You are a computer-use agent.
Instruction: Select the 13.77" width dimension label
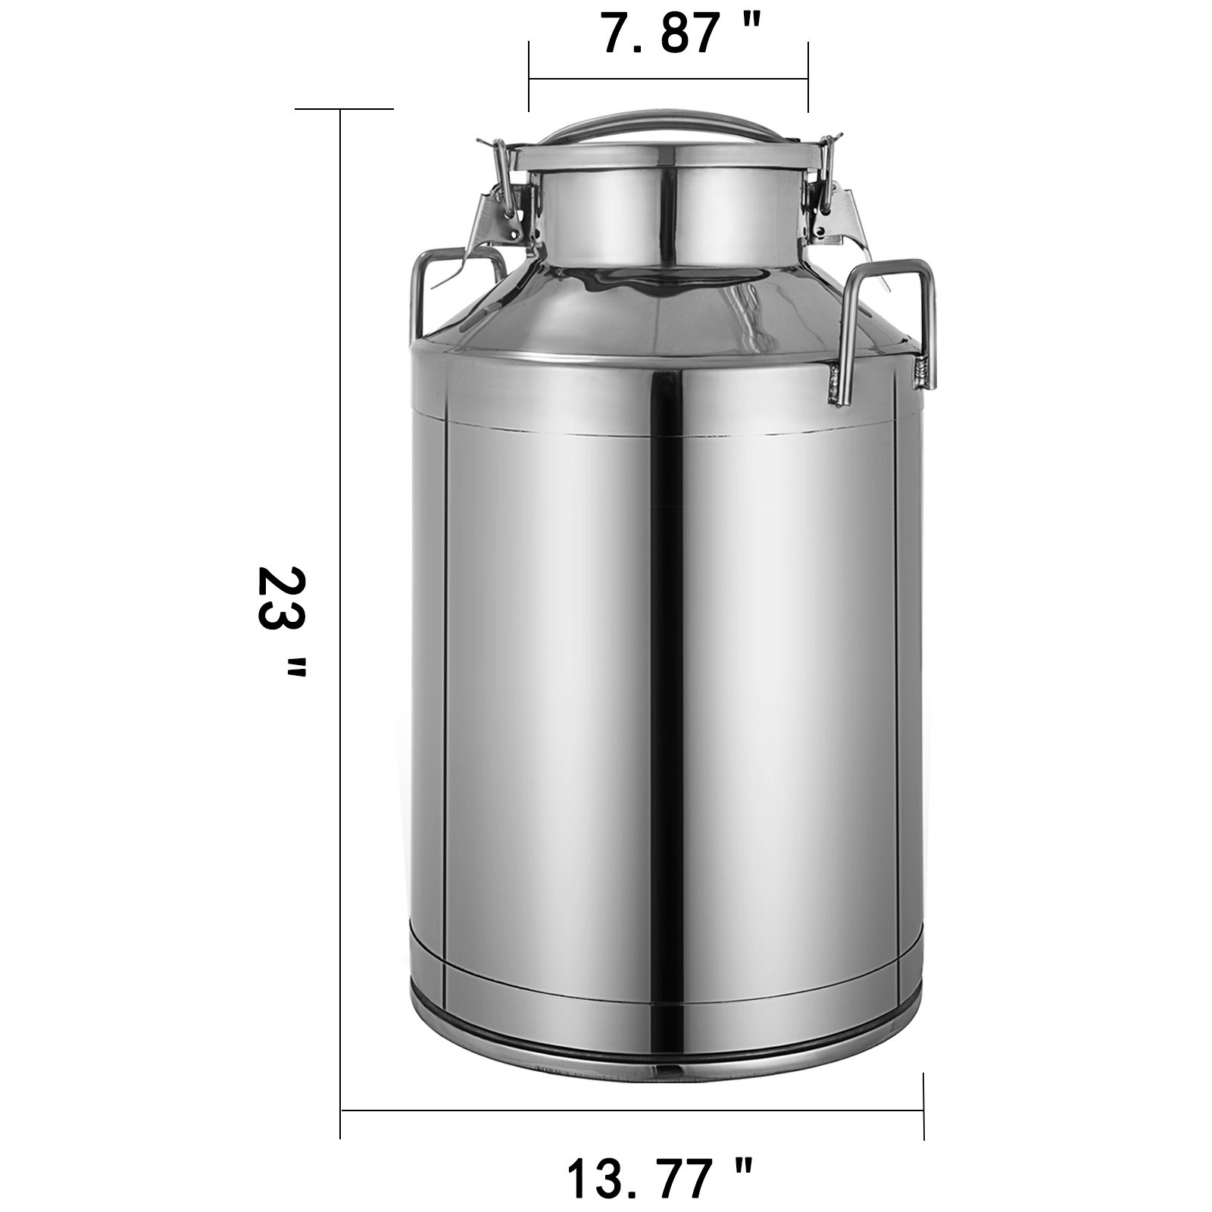[659, 1173]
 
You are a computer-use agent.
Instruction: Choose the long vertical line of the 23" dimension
[341, 606]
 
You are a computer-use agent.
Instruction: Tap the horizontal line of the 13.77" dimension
[633, 1110]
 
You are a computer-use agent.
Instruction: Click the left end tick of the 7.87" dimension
[529, 77]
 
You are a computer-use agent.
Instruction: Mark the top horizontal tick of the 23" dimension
[345, 110]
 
